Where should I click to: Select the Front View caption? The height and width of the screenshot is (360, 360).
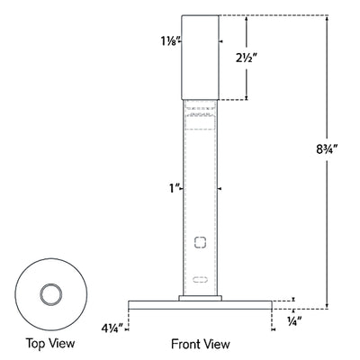click(x=201, y=343)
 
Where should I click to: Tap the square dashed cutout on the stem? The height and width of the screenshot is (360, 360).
click(x=201, y=241)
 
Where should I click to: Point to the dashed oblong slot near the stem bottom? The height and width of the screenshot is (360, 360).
click(x=201, y=278)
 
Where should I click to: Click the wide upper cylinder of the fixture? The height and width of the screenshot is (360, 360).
click(x=201, y=56)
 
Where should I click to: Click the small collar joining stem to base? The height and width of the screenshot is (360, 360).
click(x=201, y=296)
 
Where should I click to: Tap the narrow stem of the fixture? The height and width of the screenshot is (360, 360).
click(x=201, y=180)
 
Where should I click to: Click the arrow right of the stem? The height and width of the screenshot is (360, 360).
click(x=222, y=189)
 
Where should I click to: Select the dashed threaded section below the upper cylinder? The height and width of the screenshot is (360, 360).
click(x=201, y=114)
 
